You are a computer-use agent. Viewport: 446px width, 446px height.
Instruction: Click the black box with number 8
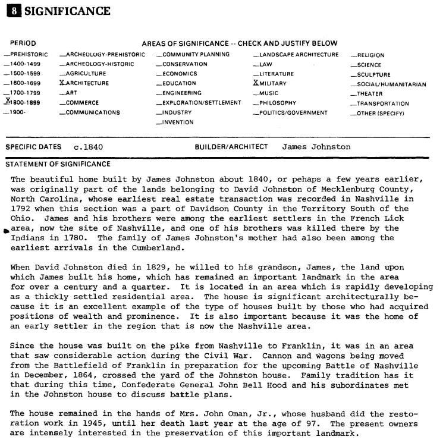coord(11,11)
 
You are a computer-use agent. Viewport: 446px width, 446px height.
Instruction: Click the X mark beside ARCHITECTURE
coord(62,83)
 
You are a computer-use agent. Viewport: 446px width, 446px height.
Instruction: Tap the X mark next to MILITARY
coord(256,83)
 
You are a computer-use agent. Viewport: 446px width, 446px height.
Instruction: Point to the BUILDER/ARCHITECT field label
coord(231,147)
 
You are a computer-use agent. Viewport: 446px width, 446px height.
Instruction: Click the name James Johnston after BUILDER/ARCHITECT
coord(316,147)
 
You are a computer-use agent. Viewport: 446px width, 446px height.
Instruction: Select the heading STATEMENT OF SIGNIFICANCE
coord(58,164)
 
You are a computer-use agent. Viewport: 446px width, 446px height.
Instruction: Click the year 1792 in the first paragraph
coord(21,209)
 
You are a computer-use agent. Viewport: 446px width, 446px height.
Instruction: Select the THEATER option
coord(370,93)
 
